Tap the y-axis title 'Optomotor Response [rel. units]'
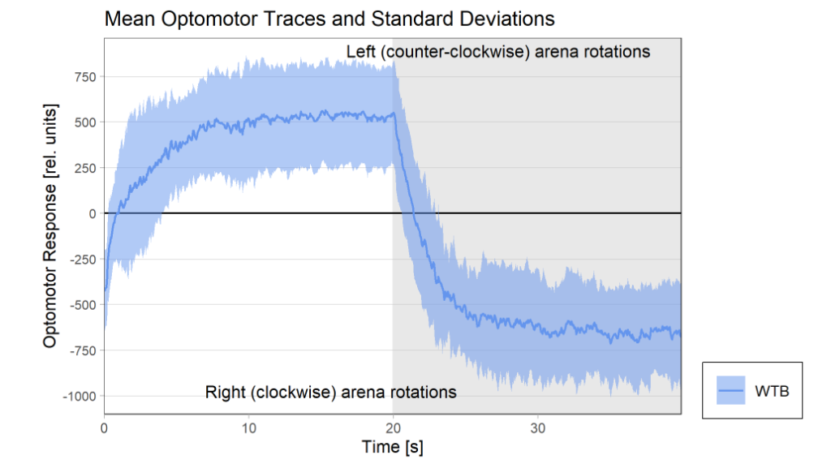[x=50, y=225]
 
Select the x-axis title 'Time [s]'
[x=392, y=447]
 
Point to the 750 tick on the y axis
[x=85, y=77]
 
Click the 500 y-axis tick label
[x=85, y=122]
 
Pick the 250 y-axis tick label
[x=85, y=168]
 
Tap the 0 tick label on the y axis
[x=93, y=213]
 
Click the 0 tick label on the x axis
[x=105, y=427]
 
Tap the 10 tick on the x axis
[x=248, y=427]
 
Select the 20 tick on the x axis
[x=393, y=427]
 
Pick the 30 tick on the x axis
[x=537, y=427]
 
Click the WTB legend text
[x=772, y=391]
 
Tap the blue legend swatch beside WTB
[x=731, y=391]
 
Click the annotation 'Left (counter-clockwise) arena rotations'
[x=498, y=52]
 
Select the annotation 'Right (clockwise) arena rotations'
[x=331, y=393]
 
